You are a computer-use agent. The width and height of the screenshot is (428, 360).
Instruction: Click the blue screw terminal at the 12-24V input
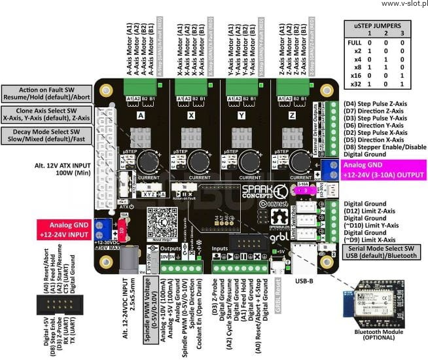pyautogui.click(x=103, y=230)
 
